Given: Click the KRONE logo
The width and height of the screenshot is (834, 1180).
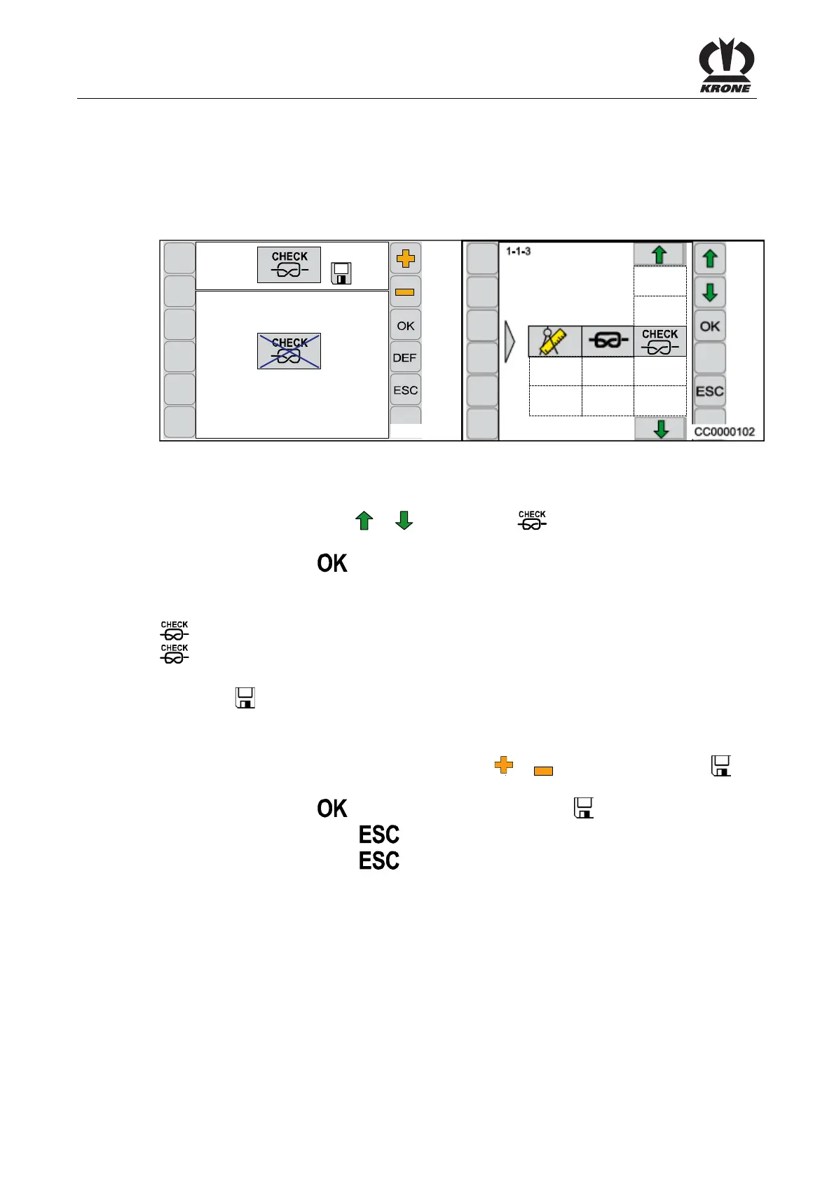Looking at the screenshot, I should [x=726, y=65].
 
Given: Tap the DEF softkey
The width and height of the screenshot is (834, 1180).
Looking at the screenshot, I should [x=405, y=358].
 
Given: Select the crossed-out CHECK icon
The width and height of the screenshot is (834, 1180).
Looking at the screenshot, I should [x=289, y=351].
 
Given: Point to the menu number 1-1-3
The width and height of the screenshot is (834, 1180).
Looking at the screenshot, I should [x=519, y=252].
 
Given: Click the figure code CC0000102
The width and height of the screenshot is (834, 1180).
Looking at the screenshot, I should [x=724, y=432].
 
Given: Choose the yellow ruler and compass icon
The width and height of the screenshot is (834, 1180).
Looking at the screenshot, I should [x=554, y=341].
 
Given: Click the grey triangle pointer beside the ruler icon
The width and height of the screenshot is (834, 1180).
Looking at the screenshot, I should [x=510, y=342].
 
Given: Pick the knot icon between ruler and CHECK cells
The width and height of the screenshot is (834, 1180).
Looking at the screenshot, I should [x=608, y=341].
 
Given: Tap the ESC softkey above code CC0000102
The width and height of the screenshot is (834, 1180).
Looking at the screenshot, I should [x=709, y=392].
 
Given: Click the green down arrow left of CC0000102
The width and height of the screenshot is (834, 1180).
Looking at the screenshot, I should [x=660, y=428].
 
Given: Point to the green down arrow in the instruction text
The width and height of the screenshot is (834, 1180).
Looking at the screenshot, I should [x=404, y=521].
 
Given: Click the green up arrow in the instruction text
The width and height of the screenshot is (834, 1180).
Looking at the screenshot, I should [x=364, y=521].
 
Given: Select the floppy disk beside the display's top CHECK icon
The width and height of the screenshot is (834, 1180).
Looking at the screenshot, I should [x=341, y=273].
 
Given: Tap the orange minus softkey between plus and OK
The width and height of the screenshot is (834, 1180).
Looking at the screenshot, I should [x=405, y=292].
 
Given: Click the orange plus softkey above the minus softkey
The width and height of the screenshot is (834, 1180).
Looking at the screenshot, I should [x=405, y=259].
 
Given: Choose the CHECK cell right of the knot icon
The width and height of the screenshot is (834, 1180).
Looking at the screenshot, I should [x=660, y=341].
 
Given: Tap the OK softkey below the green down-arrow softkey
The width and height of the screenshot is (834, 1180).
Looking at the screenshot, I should [x=709, y=327].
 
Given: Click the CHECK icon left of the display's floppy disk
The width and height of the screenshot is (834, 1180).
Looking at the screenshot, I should [x=289, y=265].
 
